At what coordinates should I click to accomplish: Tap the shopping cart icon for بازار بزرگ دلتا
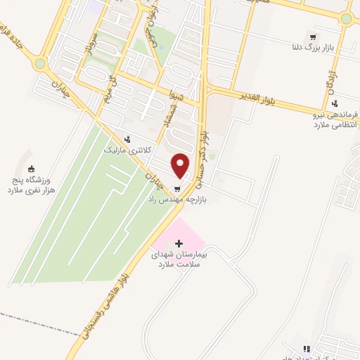tap(312, 37)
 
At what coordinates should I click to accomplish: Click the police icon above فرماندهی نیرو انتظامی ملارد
tap(335, 103)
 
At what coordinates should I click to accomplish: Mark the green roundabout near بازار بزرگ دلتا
tap(345, 19)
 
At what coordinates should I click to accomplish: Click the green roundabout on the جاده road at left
tap(40, 63)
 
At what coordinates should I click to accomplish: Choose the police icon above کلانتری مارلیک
tap(127, 139)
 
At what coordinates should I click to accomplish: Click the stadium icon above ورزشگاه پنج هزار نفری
tap(31, 168)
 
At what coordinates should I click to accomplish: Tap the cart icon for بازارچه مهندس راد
tap(177, 188)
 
